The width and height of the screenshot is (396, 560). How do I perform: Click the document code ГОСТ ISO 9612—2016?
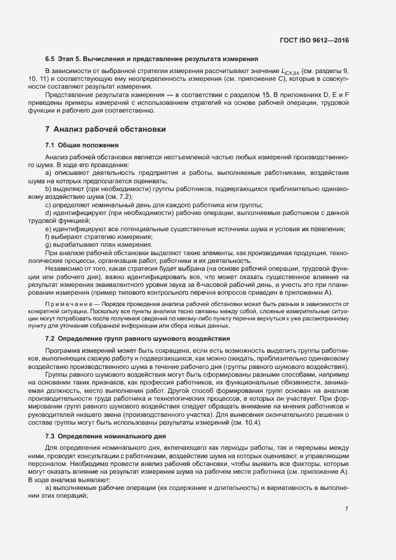(x=314, y=40)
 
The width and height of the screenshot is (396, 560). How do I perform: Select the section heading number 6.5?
(x=50, y=59)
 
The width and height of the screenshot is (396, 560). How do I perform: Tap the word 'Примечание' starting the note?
(x=64, y=304)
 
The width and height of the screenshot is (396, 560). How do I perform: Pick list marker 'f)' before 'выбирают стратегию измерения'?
(x=48, y=237)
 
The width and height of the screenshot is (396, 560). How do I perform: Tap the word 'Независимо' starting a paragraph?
(x=64, y=269)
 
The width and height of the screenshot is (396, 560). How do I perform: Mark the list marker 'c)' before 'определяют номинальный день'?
(x=48, y=205)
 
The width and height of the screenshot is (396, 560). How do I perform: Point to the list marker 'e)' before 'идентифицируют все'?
(x=48, y=229)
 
